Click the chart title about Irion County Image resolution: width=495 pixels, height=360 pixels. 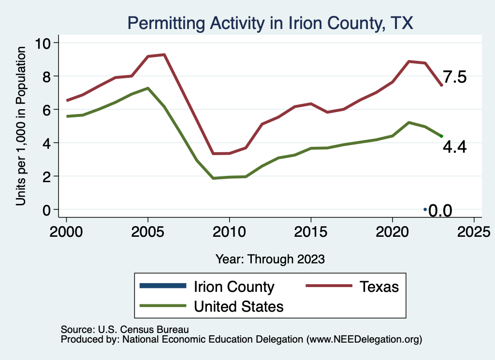click(x=270, y=23)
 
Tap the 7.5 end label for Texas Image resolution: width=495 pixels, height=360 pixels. click(x=455, y=77)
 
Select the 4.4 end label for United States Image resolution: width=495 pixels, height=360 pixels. click(x=455, y=147)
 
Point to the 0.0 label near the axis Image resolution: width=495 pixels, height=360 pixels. click(x=440, y=211)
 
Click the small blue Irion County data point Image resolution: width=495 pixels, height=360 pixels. click(x=425, y=209)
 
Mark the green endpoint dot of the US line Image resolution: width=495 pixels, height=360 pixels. click(x=441, y=136)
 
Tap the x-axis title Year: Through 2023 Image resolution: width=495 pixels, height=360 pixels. click(x=270, y=259)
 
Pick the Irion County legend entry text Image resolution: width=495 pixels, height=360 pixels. click(x=234, y=287)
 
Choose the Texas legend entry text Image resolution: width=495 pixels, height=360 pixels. click(x=379, y=287)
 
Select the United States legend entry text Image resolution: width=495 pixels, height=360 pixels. click(x=238, y=306)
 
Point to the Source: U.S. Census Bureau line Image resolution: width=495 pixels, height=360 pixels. click(x=124, y=330)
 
